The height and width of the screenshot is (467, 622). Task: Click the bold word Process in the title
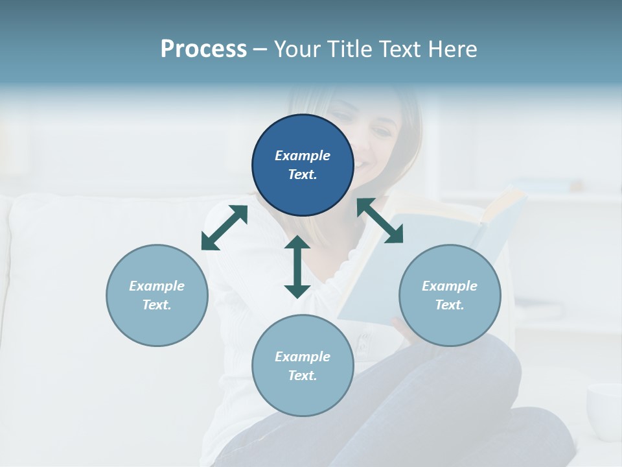pyautogui.click(x=203, y=49)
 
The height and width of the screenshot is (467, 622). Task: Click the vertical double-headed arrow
pyautogui.click(x=297, y=267)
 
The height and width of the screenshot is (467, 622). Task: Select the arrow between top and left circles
pyautogui.click(x=224, y=228)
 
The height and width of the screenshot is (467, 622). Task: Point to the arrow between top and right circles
pyautogui.click(x=380, y=221)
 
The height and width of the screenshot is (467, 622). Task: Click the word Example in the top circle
pyautogui.click(x=303, y=156)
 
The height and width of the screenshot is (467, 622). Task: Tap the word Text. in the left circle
pyautogui.click(x=157, y=305)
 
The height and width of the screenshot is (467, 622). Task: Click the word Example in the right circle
pyautogui.click(x=450, y=286)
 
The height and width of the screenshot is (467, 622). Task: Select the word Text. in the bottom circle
pyautogui.click(x=303, y=376)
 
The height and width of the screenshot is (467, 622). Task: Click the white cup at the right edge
pyautogui.click(x=605, y=409)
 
